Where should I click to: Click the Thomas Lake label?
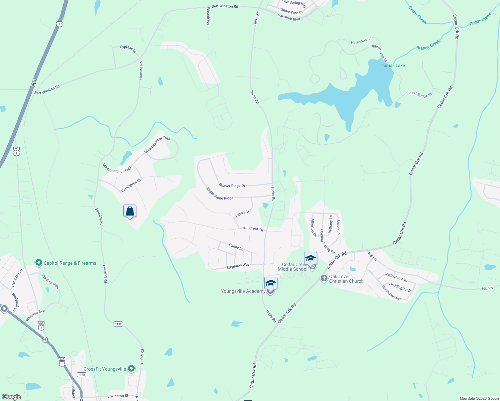(391, 65)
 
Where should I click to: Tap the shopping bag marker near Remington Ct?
(130, 211)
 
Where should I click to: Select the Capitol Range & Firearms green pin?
(38, 263)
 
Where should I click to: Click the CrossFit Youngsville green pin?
(131, 369)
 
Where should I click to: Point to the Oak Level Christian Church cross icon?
(324, 278)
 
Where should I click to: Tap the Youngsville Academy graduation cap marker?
(270, 284)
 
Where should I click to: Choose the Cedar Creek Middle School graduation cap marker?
(310, 258)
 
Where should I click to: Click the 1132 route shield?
(118, 324)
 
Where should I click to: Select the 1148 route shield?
(82, 375)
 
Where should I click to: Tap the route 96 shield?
(45, 340)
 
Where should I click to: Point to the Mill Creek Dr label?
(253, 229)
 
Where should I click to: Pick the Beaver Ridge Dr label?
(232, 185)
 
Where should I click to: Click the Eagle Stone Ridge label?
(220, 194)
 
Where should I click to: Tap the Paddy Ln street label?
(236, 247)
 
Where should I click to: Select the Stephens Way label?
(238, 266)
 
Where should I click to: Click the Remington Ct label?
(131, 185)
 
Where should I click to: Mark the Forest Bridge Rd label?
(419, 95)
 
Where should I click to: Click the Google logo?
(11, 397)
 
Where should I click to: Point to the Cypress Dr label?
(128, 49)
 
